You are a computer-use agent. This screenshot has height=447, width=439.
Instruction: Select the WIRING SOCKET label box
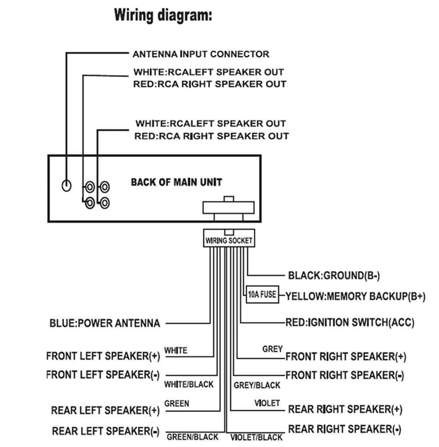[x=229, y=240]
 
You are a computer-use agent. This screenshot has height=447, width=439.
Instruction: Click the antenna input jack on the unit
[x=66, y=185]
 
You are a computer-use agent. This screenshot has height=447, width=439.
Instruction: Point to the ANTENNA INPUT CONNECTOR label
[x=201, y=54]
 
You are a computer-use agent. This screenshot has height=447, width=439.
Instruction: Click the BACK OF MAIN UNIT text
[x=176, y=182]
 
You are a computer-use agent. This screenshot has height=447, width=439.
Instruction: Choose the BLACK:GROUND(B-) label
[x=334, y=276]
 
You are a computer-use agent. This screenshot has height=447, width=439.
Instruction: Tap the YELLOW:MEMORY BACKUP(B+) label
[x=356, y=296]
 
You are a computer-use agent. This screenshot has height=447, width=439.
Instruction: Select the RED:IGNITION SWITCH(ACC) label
[x=350, y=323]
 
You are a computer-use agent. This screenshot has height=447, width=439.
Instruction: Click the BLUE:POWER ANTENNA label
[x=104, y=324]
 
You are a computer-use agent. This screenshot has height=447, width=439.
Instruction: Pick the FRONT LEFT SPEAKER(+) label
[x=103, y=356]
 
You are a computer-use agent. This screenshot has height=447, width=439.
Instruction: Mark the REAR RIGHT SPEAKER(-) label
[x=345, y=429]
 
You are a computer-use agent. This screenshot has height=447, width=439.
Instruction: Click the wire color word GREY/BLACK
[x=257, y=385]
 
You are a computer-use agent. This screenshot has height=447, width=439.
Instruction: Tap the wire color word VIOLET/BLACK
[x=256, y=437]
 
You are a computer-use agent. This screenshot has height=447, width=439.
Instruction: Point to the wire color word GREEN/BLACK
[x=192, y=437]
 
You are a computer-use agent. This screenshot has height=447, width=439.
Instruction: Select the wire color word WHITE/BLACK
[x=189, y=384]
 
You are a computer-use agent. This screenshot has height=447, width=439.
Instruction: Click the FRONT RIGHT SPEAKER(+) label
[x=346, y=356]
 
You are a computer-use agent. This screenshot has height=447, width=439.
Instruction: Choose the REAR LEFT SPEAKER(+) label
[x=105, y=411]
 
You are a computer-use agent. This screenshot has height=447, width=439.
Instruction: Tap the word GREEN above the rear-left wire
[x=176, y=403]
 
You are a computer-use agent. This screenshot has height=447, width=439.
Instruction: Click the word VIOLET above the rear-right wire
[x=267, y=403]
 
